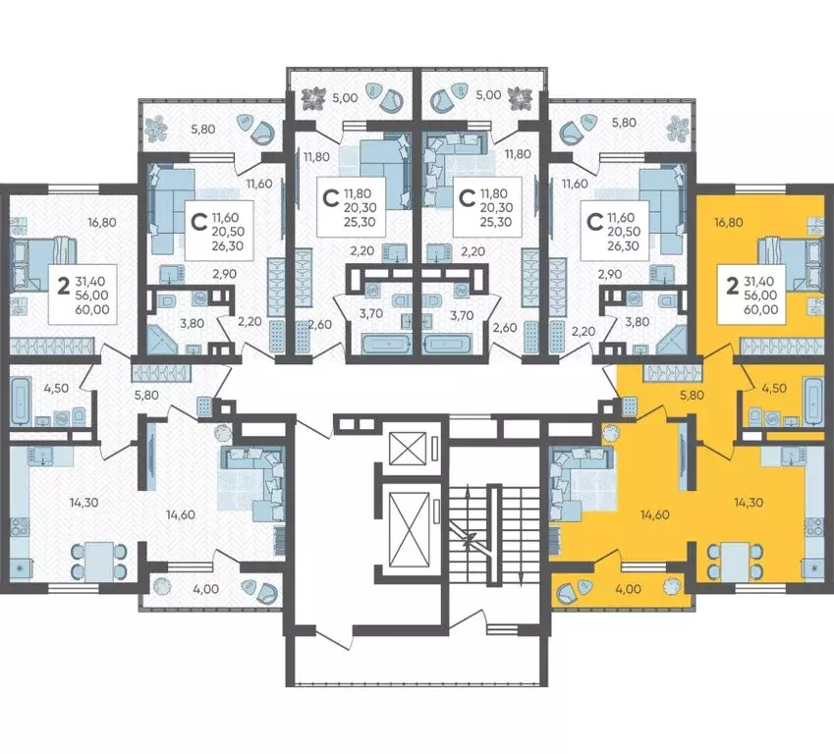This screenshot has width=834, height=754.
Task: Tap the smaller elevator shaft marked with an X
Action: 408,449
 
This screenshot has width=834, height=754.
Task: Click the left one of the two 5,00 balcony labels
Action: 344,97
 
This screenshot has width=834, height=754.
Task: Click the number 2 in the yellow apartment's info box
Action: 732,287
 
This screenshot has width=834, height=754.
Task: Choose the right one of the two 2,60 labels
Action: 506,328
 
